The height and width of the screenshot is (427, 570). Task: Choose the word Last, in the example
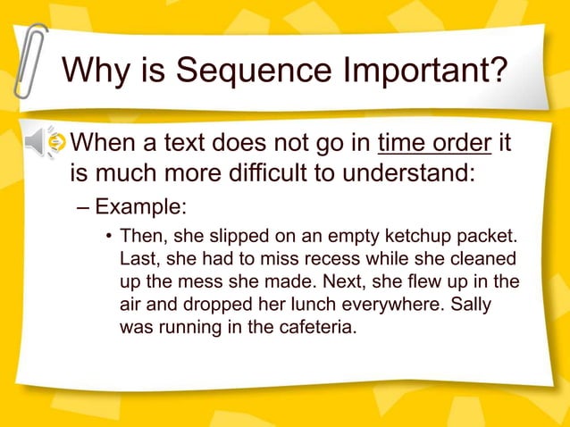pyautogui.click(x=139, y=261)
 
